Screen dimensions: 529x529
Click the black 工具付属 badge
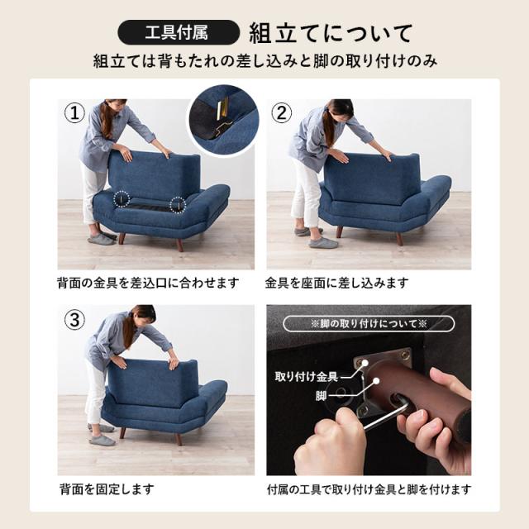[179, 33]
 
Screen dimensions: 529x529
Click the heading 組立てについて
[331, 33]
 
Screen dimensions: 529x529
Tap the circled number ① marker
[74, 113]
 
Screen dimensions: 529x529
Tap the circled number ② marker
[282, 113]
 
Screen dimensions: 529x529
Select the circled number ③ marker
[74, 320]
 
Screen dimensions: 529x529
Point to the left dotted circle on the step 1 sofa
[122, 198]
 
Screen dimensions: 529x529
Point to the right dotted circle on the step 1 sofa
[178, 205]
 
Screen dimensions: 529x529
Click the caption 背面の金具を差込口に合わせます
[148, 283]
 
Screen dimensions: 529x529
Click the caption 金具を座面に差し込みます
[336, 283]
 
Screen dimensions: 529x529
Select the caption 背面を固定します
[107, 488]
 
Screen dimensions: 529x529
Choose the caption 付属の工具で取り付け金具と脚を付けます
[369, 488]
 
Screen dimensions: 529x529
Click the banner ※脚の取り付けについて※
[369, 324]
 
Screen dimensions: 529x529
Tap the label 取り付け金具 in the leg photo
[307, 377]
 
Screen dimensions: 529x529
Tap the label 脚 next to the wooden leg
[322, 396]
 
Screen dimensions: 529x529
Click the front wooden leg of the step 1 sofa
[179, 245]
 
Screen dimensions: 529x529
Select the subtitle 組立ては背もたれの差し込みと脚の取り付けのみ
[265, 61]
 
